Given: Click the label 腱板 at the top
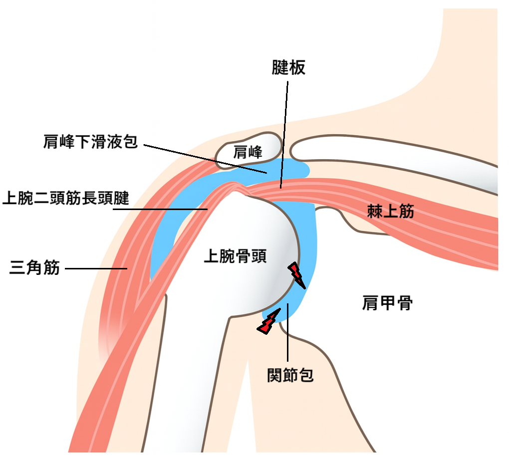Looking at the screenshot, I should [288, 68].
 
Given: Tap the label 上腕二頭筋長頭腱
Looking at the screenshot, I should [66, 199].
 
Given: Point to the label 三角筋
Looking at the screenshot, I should [35, 268].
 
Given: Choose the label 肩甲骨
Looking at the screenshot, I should [387, 302].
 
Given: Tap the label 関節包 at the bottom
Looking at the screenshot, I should [290, 375].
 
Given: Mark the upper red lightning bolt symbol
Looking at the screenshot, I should [297, 274].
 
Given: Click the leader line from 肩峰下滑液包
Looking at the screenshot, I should [205, 159].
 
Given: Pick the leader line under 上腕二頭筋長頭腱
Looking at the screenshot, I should [160, 210].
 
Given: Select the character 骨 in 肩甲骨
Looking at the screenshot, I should [404, 302].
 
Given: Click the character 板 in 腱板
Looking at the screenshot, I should [297, 68].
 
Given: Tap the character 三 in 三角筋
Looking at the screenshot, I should [18, 268].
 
